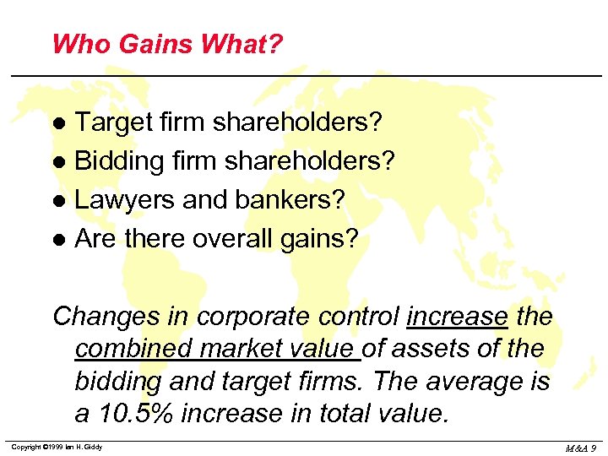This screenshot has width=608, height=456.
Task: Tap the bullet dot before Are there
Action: point(59,241)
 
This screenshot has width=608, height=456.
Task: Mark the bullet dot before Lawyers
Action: point(59,202)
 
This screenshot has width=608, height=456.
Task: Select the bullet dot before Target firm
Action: point(59,124)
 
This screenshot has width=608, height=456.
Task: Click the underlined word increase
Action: point(457,317)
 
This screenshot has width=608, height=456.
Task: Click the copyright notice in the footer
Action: point(57,447)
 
